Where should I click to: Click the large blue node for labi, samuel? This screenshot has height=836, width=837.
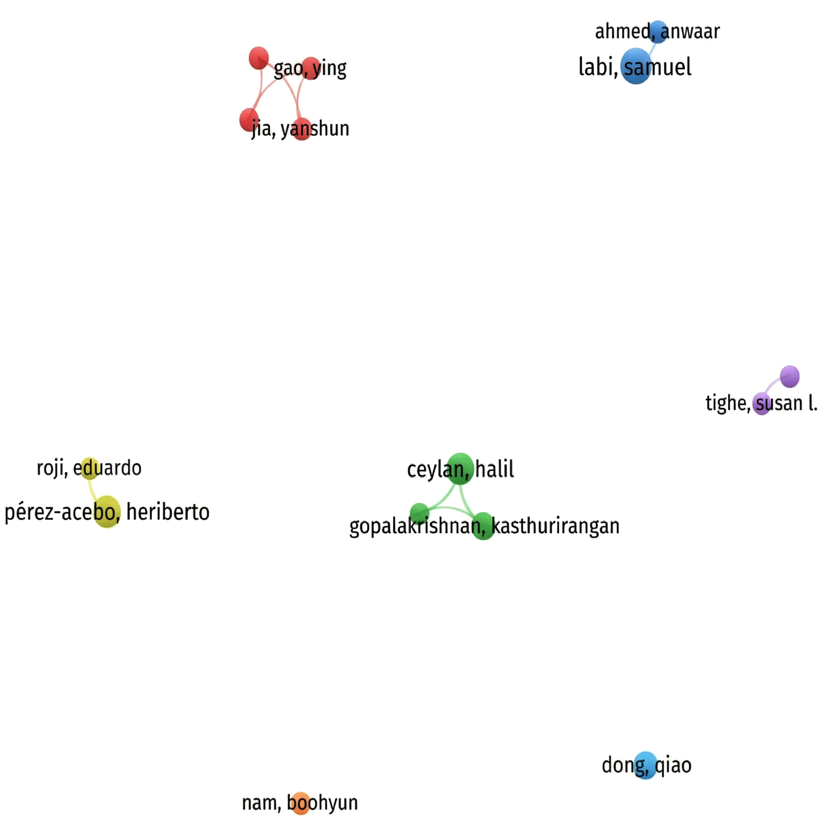click(636, 66)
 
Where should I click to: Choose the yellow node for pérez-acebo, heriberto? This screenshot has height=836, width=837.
click(107, 512)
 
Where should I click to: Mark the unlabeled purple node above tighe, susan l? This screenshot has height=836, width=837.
click(789, 376)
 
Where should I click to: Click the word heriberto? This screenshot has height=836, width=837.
click(168, 512)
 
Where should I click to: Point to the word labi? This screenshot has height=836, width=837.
click(597, 67)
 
